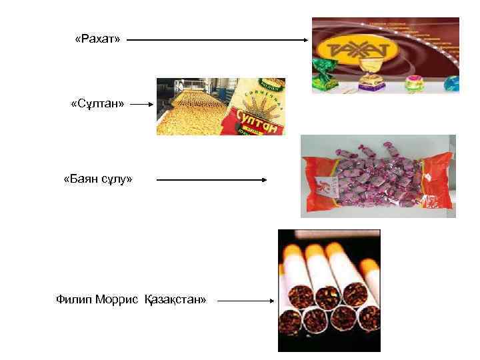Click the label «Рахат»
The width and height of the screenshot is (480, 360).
pos(97,40)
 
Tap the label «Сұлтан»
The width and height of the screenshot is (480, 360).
pos(98,104)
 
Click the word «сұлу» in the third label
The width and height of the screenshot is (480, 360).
pos(117,179)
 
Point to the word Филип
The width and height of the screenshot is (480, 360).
pos(73,299)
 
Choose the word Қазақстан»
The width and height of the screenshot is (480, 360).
pos(175,299)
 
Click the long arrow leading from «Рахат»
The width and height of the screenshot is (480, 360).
pos(217,40)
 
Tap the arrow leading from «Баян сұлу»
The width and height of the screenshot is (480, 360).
pos(211,179)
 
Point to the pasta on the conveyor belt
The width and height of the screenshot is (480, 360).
pos(190,110)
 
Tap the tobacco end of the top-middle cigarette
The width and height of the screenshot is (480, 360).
pos(327,296)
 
